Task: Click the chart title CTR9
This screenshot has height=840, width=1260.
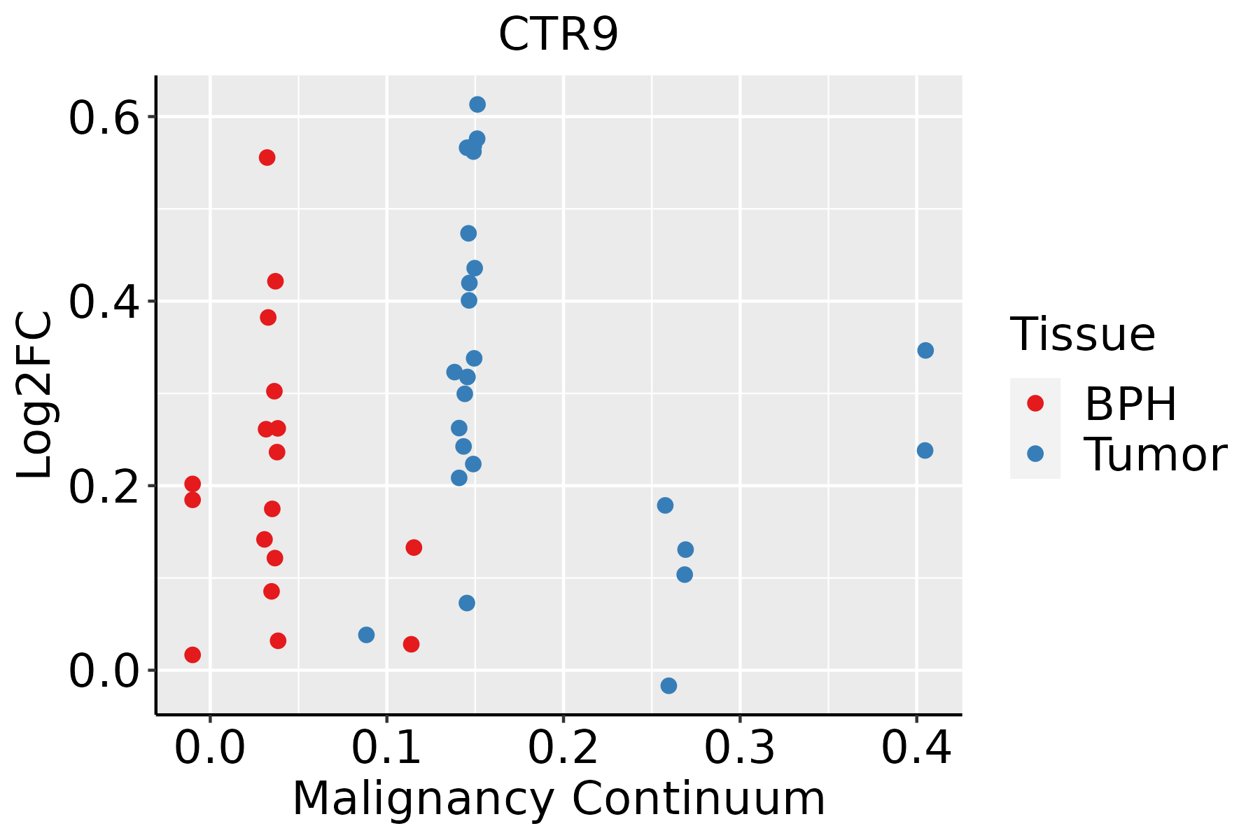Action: click(559, 34)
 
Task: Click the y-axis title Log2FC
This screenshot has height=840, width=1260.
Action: click(35, 395)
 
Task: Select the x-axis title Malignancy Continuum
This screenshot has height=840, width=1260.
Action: click(559, 799)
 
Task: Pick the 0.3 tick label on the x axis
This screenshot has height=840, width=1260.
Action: click(739, 748)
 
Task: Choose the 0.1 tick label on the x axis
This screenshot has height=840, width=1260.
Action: click(386, 748)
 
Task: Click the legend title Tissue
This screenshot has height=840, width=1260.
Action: click(1083, 334)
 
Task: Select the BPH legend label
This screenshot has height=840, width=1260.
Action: click(1130, 404)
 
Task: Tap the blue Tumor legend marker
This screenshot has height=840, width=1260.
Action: click(1035, 454)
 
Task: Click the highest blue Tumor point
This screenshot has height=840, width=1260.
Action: click(477, 104)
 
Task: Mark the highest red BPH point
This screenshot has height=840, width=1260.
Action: click(267, 157)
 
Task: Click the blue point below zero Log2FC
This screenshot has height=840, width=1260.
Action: click(668, 685)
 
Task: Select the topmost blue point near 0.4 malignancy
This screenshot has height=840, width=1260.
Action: click(925, 350)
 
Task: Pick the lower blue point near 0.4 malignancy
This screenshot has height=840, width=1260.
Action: click(925, 450)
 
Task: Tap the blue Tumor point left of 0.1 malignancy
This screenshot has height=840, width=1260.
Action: click(366, 635)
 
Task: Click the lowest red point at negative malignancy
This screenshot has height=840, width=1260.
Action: click(192, 654)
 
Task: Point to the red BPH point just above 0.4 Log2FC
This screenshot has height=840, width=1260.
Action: click(275, 281)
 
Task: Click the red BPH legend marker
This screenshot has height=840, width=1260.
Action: click(1035, 403)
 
